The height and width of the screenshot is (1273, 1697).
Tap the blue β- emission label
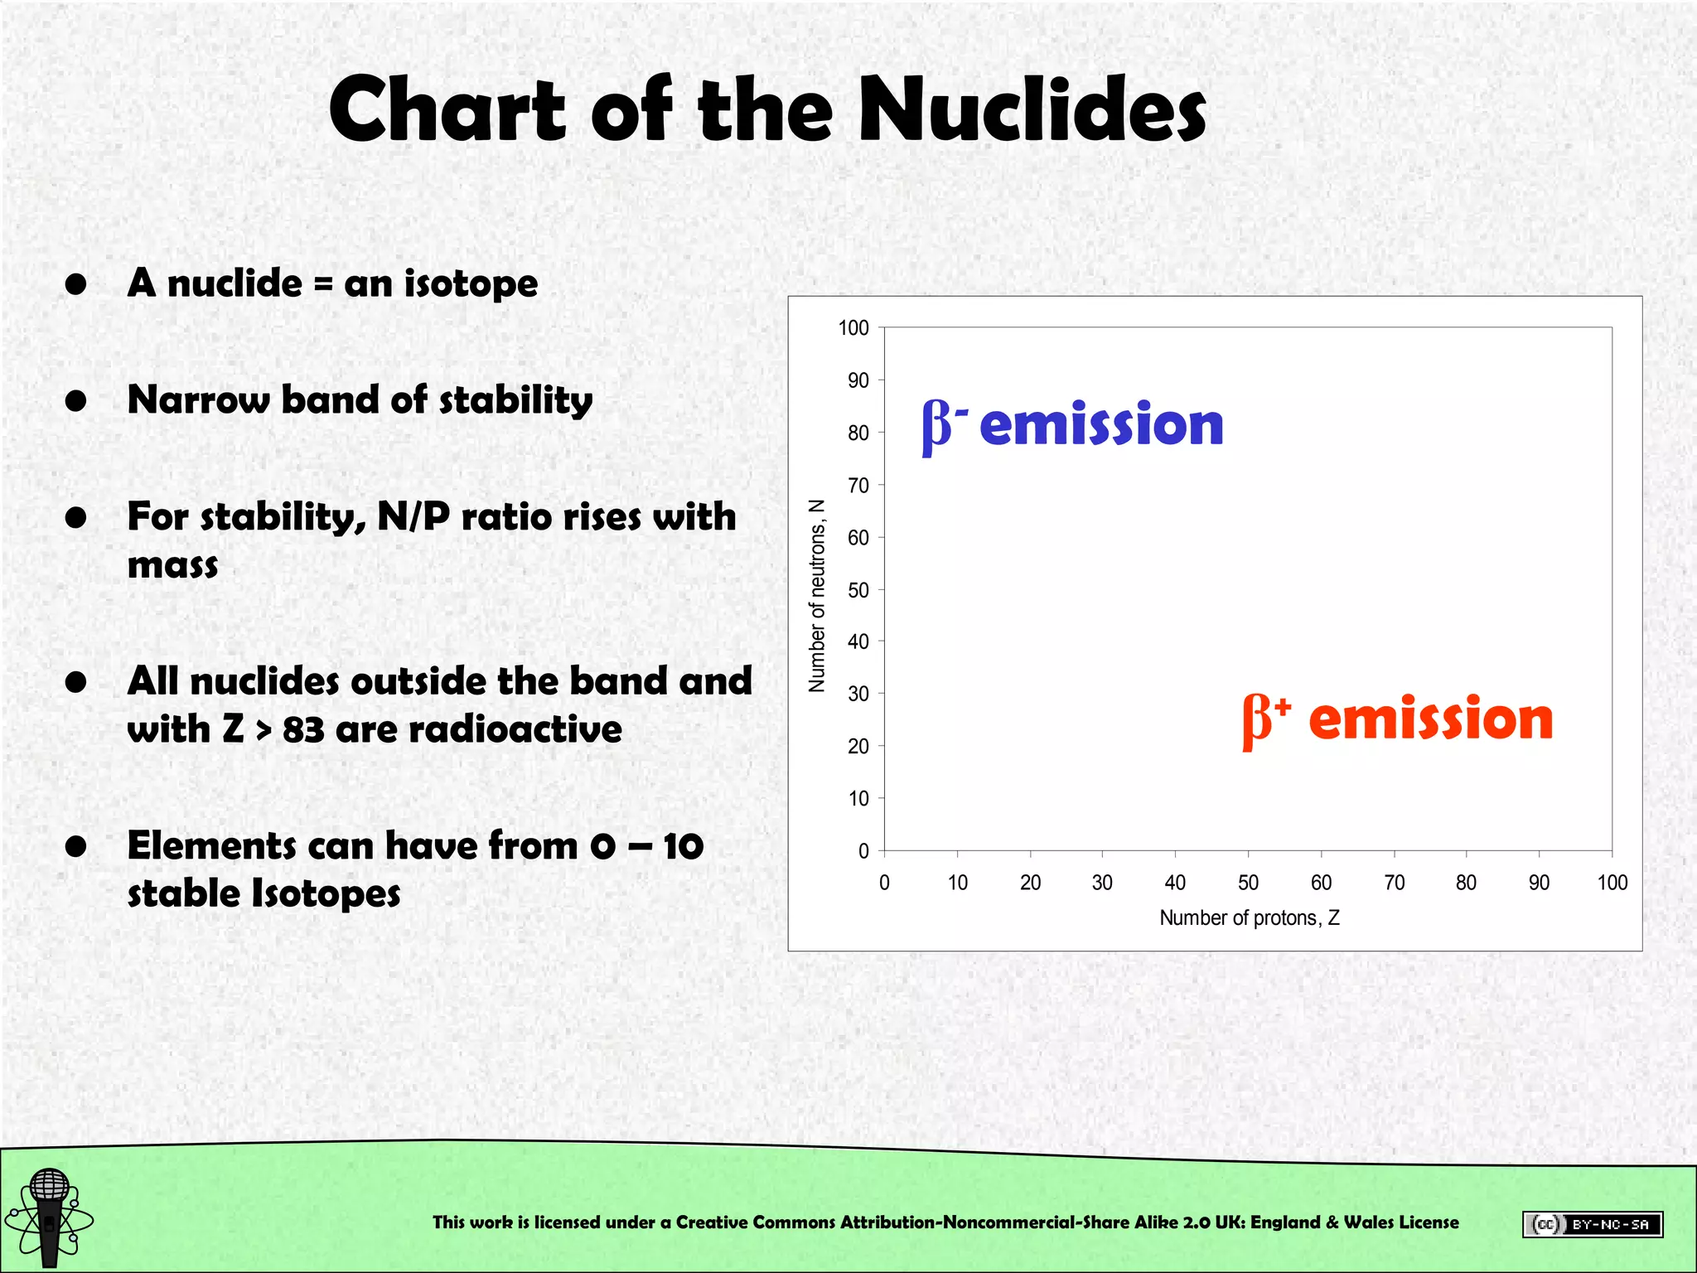coord(1072,425)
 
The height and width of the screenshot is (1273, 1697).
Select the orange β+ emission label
coord(1397,719)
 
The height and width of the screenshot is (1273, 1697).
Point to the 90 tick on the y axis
coord(858,380)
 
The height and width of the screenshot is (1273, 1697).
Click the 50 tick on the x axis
coord(1248,883)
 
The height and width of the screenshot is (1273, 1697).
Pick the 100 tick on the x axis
coord(1612,883)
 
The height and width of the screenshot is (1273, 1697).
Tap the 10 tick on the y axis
coord(858,799)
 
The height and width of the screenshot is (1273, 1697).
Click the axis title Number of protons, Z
coord(1249,918)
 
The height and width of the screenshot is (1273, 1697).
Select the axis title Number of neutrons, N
coord(817,595)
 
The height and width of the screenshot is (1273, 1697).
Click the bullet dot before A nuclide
coord(76,284)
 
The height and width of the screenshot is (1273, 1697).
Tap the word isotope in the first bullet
coord(471,284)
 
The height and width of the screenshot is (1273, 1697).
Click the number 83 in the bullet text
coord(303,730)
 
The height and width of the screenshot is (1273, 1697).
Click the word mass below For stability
coord(172,566)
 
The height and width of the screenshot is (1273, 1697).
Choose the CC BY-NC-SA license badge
coord(1592,1224)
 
